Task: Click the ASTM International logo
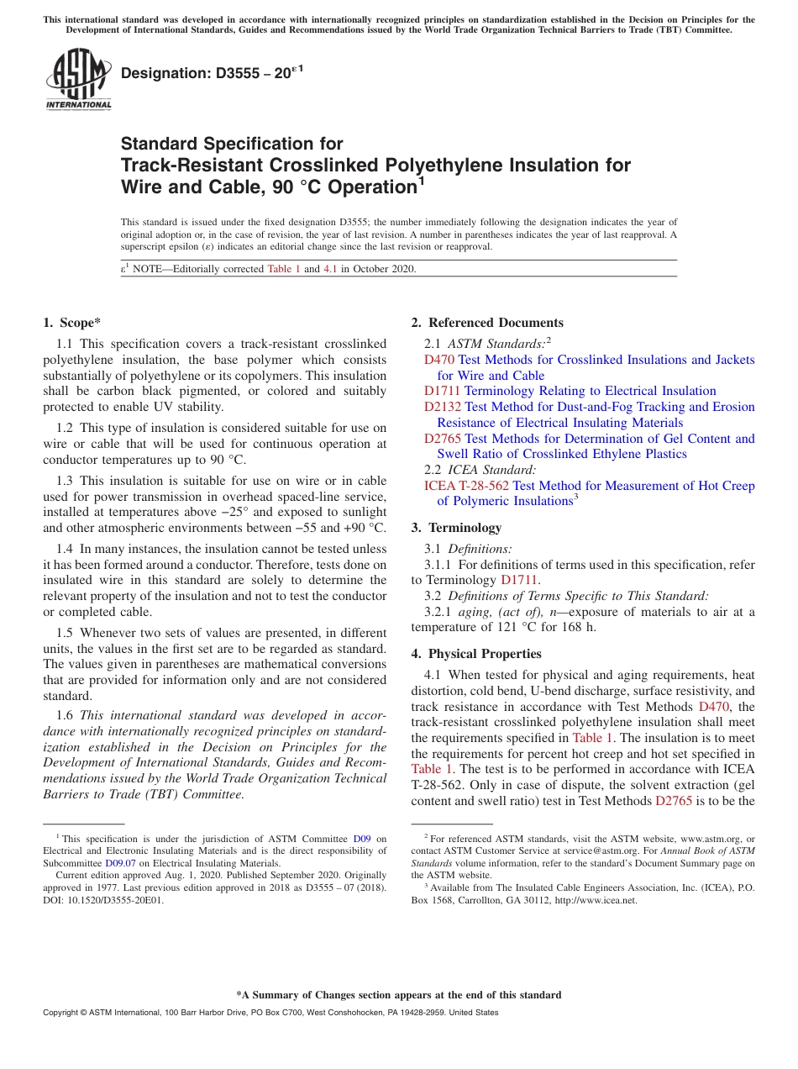coord(78,80)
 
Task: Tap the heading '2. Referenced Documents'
coord(487,323)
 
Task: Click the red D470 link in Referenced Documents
coord(439,360)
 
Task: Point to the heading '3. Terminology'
coord(456,528)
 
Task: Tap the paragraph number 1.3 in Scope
coord(65,481)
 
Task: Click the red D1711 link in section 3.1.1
coord(518,580)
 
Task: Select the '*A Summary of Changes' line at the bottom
coord(398,995)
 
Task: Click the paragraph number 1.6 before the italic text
coord(65,715)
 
